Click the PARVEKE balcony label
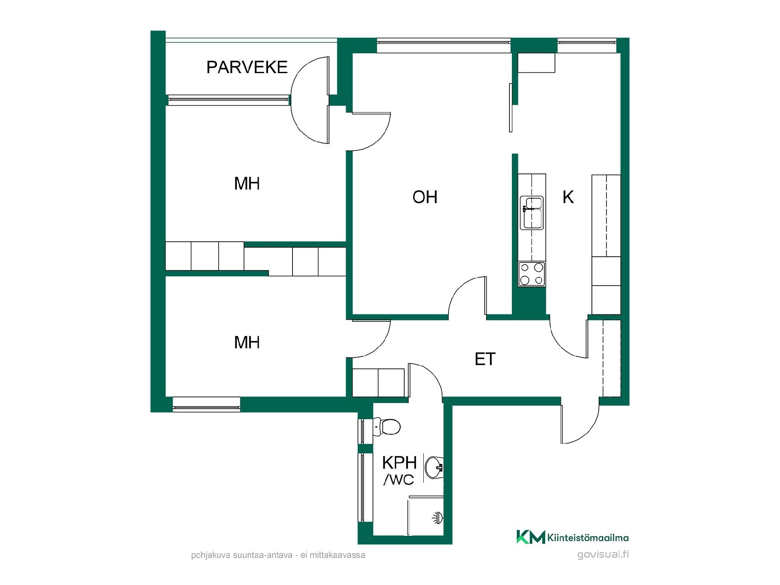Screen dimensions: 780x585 coord(247,67)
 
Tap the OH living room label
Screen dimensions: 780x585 coord(425,197)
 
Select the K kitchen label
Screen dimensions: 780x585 coord(568,197)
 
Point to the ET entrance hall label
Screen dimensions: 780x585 coord(485,359)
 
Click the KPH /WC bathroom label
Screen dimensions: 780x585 coord(399,471)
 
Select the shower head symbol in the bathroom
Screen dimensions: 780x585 coord(437,518)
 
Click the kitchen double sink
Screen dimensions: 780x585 coord(532,212)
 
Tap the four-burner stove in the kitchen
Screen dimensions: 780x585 coord(532,274)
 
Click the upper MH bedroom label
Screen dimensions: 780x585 coord(247,184)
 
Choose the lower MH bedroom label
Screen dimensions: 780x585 coord(247,343)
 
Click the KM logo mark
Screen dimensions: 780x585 coord(531,537)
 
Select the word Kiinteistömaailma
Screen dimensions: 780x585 coord(588,538)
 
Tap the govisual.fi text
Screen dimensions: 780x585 coord(603,555)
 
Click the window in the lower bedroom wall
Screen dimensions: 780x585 coord(206,405)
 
